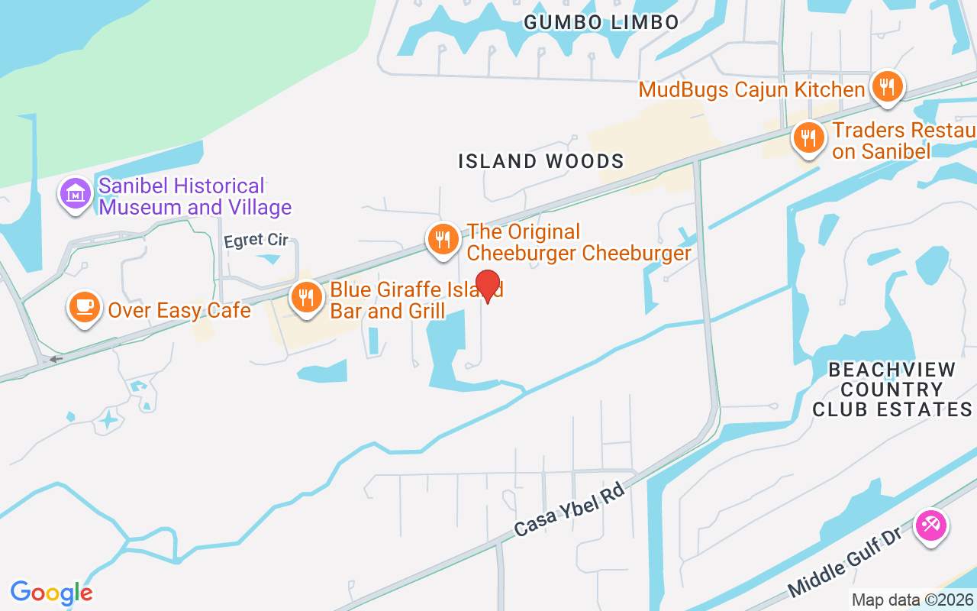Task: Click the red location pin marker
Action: [488, 286]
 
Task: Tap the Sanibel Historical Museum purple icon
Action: [76, 194]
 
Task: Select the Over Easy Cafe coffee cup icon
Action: [84, 307]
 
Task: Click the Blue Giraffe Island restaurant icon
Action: [306, 298]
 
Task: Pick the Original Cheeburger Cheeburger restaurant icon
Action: [442, 240]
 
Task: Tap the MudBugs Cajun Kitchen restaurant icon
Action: [886, 87]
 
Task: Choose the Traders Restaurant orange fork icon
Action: [808, 138]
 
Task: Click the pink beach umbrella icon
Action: [930, 525]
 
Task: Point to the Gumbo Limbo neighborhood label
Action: [601, 22]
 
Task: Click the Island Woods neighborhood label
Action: [541, 161]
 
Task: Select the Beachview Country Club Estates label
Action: [892, 390]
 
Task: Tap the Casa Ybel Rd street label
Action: [570, 509]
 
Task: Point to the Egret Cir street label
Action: [256, 241]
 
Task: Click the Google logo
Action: [51, 593]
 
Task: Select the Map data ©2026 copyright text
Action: [911, 600]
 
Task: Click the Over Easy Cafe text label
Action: [179, 310]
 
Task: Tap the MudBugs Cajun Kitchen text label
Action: [752, 89]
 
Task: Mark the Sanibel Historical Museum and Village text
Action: [195, 196]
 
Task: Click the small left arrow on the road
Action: [55, 359]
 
